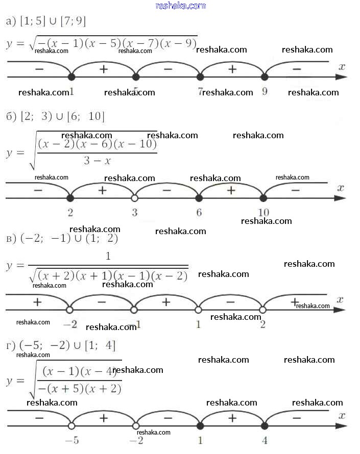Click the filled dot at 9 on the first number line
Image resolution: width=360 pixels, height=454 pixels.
[x=264, y=77]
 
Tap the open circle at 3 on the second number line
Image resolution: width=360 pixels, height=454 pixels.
[x=135, y=198]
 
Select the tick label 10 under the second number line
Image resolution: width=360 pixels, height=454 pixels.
[x=263, y=212]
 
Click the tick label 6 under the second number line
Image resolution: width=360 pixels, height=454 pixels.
[x=199, y=212]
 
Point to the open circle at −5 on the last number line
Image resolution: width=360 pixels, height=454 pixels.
[x=71, y=425]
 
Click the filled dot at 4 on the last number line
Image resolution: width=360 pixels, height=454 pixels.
[x=264, y=425]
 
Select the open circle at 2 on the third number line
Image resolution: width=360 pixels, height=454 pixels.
[x=262, y=309]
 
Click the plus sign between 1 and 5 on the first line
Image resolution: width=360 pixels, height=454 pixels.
[x=104, y=69]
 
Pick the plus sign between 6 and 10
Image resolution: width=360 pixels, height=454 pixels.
[x=231, y=190]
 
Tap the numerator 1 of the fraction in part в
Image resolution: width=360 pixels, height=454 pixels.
[x=108, y=256]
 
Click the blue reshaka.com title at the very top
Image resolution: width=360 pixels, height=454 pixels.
[x=180, y=6]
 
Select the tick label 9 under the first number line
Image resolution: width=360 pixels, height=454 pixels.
[x=265, y=92]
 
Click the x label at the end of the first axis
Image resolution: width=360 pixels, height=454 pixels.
[x=342, y=66]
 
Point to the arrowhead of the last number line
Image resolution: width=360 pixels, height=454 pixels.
[x=343, y=425]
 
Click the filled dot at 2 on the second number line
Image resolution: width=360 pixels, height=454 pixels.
[x=70, y=198]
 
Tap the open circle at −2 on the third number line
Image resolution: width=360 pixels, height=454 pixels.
[x=70, y=309]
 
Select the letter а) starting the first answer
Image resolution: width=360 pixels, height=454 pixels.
[x=9, y=21]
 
